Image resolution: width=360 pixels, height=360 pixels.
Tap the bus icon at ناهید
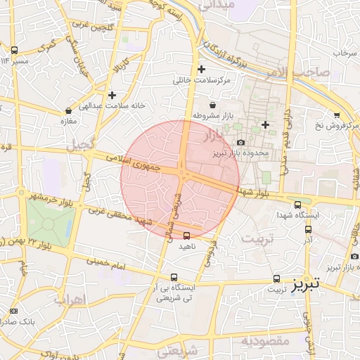[x=186, y=236]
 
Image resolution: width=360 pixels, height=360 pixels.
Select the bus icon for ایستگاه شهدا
[x=297, y=205]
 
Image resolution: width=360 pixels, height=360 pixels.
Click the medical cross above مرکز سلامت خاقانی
[x=202, y=69]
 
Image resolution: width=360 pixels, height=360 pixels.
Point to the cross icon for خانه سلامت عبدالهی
[x=112, y=94]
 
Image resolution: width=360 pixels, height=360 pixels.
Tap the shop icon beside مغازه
[x=68, y=110]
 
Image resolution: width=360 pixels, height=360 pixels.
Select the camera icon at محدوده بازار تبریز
[x=240, y=143]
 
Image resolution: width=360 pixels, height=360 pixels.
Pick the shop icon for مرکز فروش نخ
[x=337, y=115]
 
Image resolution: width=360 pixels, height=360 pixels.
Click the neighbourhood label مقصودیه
[x=265, y=341]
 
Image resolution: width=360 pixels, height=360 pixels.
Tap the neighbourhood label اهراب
[x=68, y=300]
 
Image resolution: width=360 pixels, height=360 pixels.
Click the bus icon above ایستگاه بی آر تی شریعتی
[x=174, y=277]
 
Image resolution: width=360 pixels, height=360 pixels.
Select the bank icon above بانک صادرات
[x=14, y=311]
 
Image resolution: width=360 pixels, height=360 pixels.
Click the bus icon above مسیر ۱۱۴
[x=14, y=50]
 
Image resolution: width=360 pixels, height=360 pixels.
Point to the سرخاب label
[x=346, y=53]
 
